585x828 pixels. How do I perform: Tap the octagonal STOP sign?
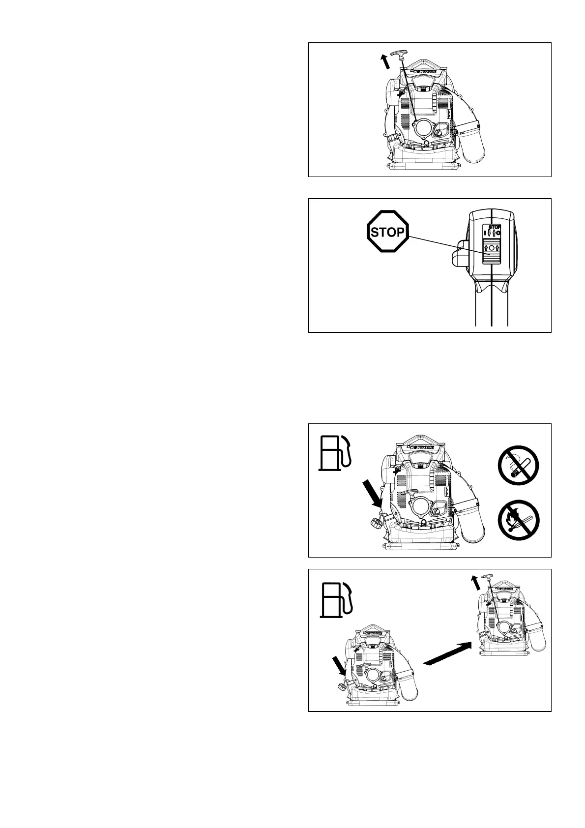point(388,232)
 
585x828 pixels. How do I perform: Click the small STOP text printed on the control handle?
point(495,227)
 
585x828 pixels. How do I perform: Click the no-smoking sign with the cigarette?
point(519,465)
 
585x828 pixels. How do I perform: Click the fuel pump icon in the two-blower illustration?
point(336,598)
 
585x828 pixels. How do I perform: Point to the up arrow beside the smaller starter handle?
point(475,583)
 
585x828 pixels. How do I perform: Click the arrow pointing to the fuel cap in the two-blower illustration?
point(339,666)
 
